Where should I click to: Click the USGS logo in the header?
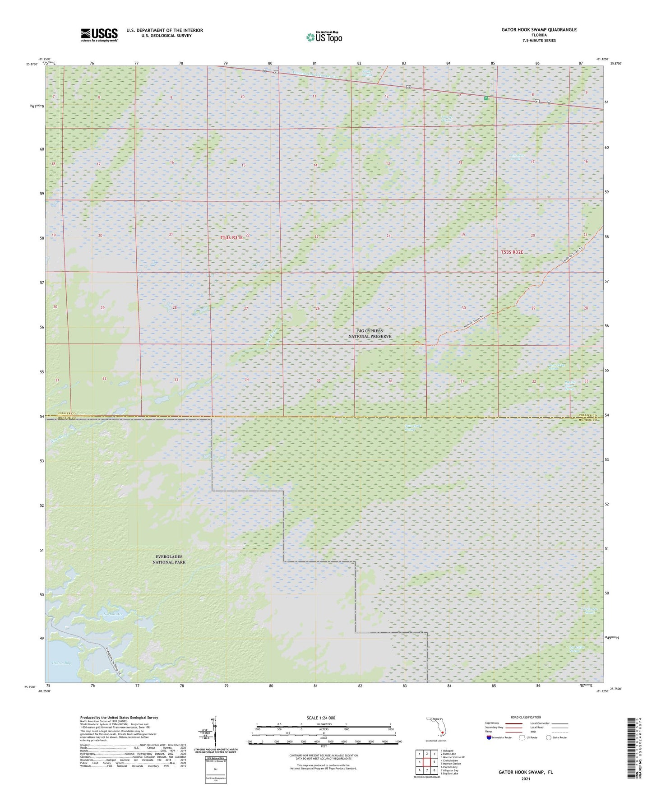click(99, 34)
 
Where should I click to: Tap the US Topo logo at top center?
click(324, 37)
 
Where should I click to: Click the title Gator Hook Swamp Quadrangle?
click(539, 30)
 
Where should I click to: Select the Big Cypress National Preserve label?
click(370, 334)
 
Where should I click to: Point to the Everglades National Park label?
click(169, 560)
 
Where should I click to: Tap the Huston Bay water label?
click(61, 663)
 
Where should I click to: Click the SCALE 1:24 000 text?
click(320, 718)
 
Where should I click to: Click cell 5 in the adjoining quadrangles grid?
click(434, 762)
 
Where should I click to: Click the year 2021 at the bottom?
click(525, 779)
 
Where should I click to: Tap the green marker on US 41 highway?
click(486, 98)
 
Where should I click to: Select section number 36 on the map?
click(390, 381)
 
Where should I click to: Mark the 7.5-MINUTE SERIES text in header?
click(539, 41)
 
